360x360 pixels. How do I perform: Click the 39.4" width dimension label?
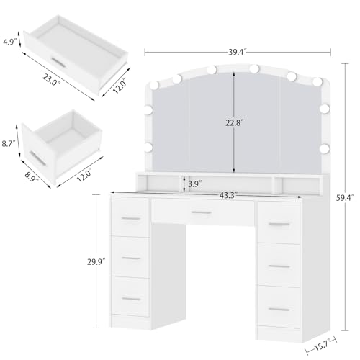pyautogui.click(x=238, y=52)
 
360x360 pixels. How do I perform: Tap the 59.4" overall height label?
pyautogui.click(x=345, y=198)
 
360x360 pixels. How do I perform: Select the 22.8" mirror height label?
pyautogui.click(x=235, y=122)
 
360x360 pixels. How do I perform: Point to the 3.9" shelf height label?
pyautogui.click(x=194, y=184)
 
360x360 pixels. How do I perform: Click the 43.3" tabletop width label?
pyautogui.click(x=228, y=195)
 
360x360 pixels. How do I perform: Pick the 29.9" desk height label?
pyautogui.click(x=96, y=262)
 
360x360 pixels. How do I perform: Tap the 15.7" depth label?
pyautogui.click(x=321, y=347)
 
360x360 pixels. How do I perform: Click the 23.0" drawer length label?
pyautogui.click(x=51, y=80)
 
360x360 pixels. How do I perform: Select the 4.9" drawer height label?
pyautogui.click(x=10, y=42)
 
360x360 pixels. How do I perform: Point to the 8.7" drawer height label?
pyautogui.click(x=9, y=144)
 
